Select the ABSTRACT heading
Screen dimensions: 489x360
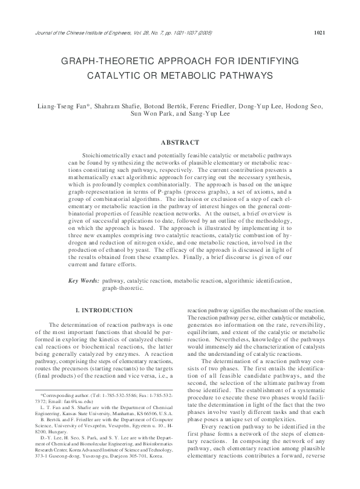(x=180, y=142)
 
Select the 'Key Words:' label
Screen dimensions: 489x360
(x=84, y=281)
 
